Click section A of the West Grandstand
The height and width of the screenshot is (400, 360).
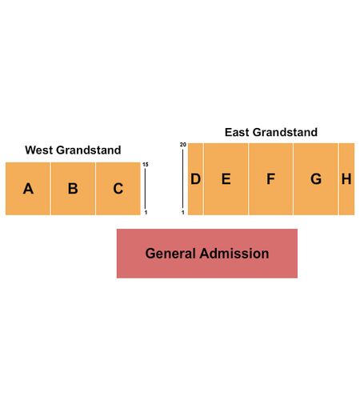coord(28,189)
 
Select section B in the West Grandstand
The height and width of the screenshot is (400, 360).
coord(73,189)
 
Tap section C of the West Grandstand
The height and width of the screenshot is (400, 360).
coord(118,189)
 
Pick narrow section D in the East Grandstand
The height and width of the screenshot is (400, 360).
coord(195,179)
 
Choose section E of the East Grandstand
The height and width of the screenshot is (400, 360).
coord(226,179)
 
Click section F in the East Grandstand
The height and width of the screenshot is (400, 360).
coord(271,179)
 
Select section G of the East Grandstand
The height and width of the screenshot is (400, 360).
coord(316,179)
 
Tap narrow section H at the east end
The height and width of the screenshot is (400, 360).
coord(346,179)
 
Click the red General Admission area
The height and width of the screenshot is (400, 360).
coord(207,254)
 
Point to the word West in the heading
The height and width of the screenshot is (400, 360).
coord(38,150)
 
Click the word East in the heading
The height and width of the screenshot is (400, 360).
coord(237,132)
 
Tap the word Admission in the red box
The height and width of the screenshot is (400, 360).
coord(234,254)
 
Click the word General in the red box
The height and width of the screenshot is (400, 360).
coord(170,254)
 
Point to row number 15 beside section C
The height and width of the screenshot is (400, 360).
coord(146,165)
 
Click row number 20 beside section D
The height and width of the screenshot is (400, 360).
coord(183,145)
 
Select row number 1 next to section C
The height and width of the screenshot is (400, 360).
coord(146,213)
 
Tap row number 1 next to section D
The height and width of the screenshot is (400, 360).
coord(183,213)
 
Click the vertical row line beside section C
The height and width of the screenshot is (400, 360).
coord(145,189)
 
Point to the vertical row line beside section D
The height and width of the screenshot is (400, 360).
coord(182,179)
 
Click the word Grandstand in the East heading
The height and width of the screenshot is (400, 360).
coord(285,132)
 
